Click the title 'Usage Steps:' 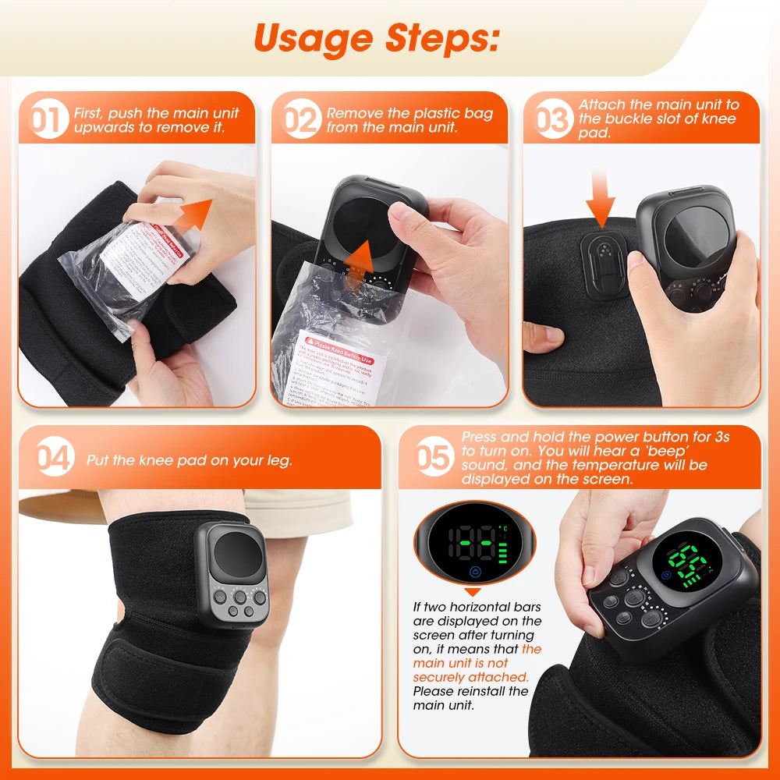[x=376, y=38]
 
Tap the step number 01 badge [x=49, y=121]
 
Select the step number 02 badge [x=301, y=121]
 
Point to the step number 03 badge [x=552, y=121]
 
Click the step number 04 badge [x=55, y=459]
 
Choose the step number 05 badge [x=433, y=459]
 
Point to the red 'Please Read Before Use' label [x=341, y=357]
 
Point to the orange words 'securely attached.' [x=470, y=677]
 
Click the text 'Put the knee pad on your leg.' [x=190, y=460]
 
